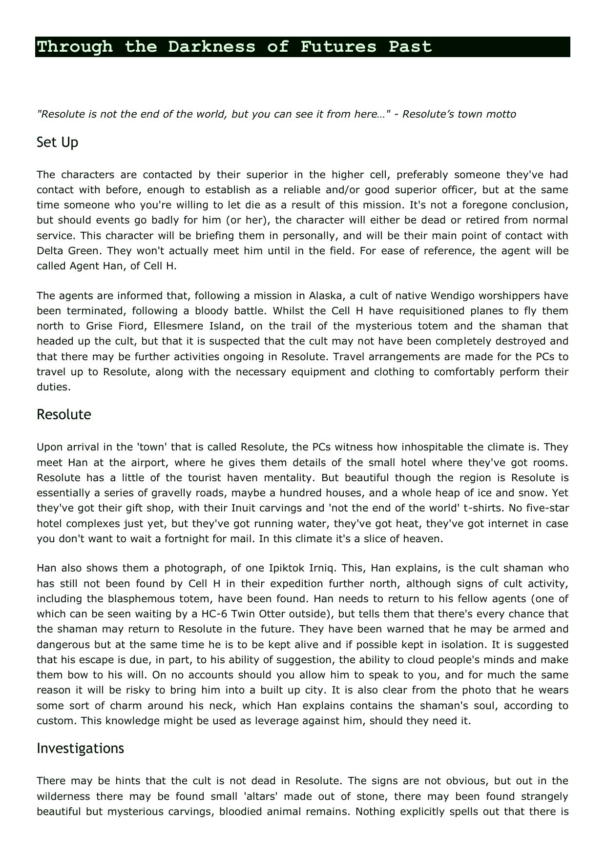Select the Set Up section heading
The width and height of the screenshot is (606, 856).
point(57,143)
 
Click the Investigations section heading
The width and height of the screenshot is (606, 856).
point(80,748)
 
